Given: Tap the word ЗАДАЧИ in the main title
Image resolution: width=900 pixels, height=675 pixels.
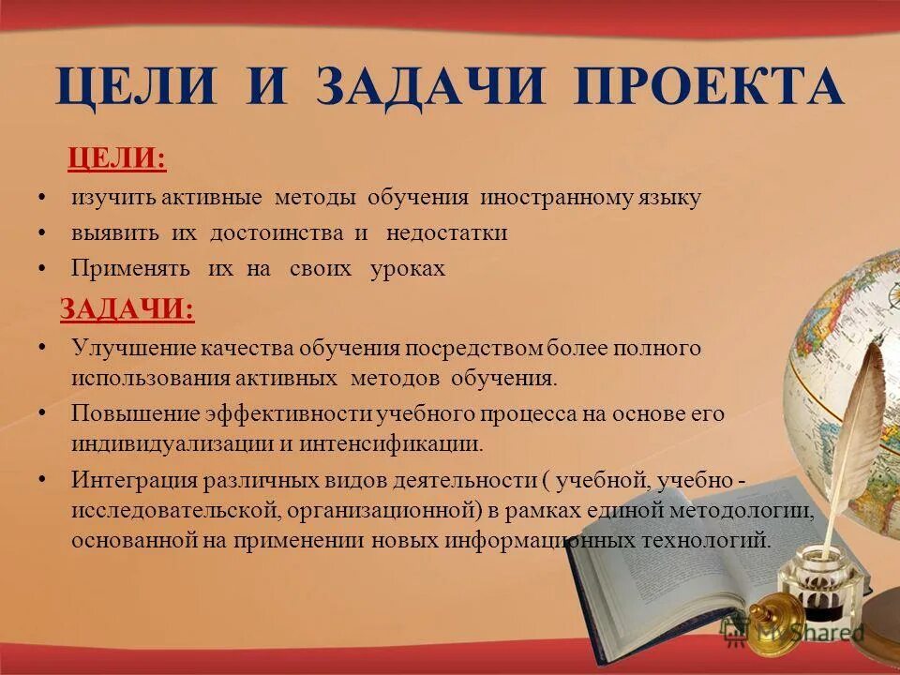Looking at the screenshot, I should click(x=431, y=86).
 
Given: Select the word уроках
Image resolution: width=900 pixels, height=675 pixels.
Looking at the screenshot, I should click(x=408, y=269).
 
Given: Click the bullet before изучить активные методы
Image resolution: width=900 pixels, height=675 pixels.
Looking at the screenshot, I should click(x=43, y=198).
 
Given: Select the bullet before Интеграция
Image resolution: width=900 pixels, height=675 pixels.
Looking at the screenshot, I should click(x=43, y=480).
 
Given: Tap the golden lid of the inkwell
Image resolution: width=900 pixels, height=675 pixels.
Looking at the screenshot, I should click(x=776, y=614).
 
